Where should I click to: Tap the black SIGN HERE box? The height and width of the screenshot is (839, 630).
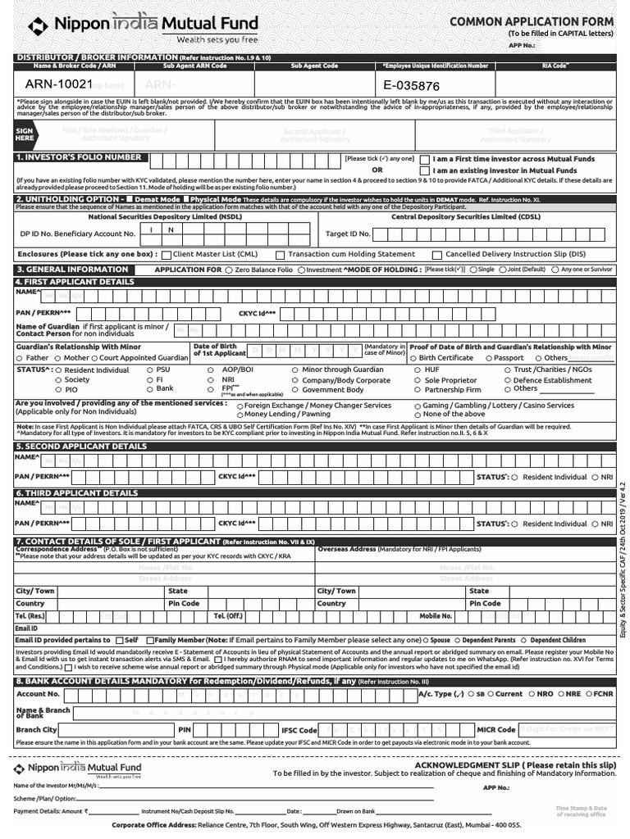[x=25, y=135]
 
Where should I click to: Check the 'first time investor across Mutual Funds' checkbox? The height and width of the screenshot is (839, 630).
[x=424, y=159]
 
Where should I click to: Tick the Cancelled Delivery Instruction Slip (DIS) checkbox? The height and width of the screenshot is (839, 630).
[x=437, y=255]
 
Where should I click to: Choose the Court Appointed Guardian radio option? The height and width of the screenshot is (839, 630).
[x=95, y=358]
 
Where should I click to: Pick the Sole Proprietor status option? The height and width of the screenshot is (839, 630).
[x=418, y=380]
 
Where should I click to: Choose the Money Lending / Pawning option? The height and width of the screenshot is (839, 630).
[x=240, y=415]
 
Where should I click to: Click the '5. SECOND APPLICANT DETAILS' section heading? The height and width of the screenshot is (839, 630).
[x=81, y=447]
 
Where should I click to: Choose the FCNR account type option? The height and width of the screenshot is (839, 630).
[x=586, y=694]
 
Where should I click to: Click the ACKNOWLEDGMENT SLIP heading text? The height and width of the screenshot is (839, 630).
[x=514, y=764]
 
